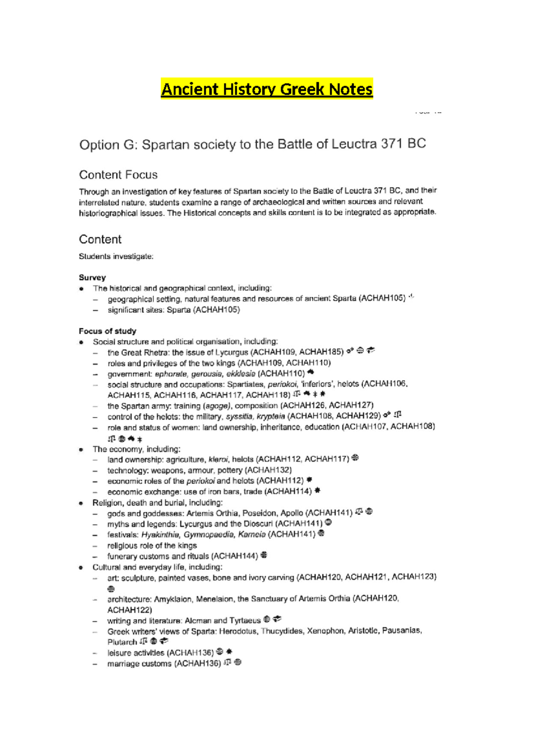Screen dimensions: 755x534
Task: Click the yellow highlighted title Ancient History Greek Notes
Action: pyautogui.click(x=267, y=89)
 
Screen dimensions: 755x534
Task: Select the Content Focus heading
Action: pyautogui.click(x=118, y=175)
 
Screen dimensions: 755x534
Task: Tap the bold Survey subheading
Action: pyautogui.click(x=92, y=277)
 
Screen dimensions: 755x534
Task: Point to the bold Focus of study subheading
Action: pyautogui.click(x=107, y=331)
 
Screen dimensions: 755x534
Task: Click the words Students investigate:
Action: pyautogui.click(x=116, y=256)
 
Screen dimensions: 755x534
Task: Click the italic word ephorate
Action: pyautogui.click(x=171, y=374)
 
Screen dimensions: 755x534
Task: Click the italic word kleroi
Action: pyautogui.click(x=218, y=459)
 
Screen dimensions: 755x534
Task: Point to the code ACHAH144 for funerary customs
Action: pyautogui.click(x=235, y=556)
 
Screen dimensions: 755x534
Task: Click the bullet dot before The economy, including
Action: pyautogui.click(x=81, y=450)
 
